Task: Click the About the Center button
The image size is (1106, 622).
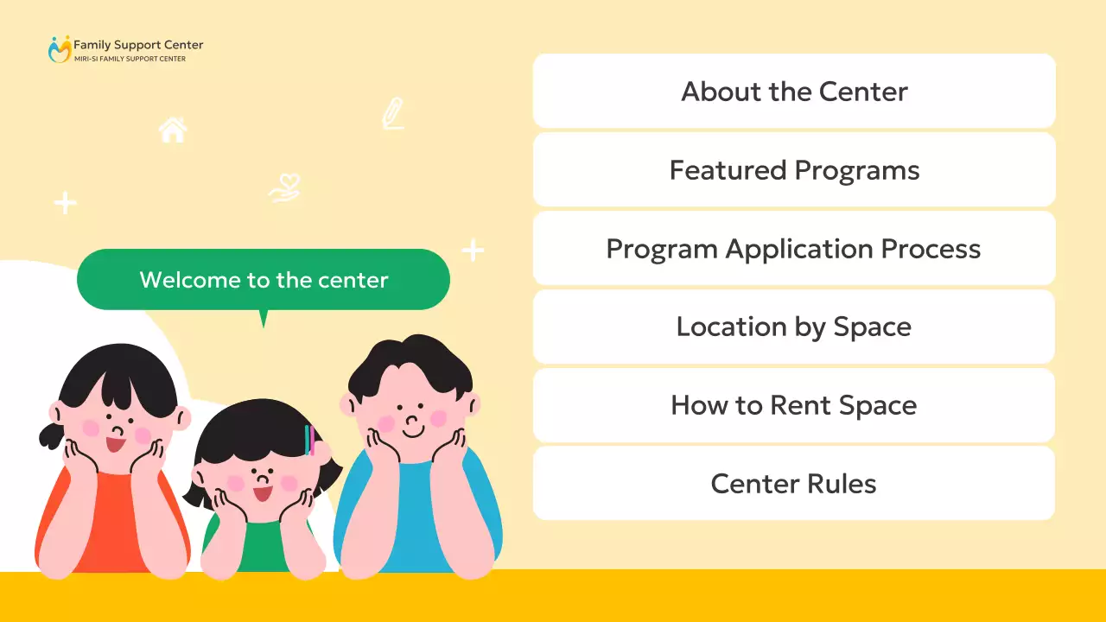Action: click(794, 92)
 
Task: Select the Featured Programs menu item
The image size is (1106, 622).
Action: click(794, 170)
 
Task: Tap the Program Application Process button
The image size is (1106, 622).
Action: click(794, 249)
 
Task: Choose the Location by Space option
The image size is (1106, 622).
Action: click(794, 327)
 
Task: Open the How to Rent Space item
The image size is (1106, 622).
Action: click(794, 405)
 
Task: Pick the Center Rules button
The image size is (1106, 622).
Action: click(794, 484)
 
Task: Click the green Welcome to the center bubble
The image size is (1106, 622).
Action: click(264, 280)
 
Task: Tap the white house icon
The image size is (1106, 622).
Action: click(173, 130)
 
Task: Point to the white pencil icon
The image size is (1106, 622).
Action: click(393, 114)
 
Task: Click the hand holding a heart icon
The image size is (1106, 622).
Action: click(284, 188)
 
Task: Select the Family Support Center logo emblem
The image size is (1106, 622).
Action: click(59, 49)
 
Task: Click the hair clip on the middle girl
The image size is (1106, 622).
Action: click(308, 440)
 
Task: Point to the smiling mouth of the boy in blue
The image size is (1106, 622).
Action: click(413, 429)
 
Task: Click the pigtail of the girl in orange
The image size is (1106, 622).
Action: click(50, 432)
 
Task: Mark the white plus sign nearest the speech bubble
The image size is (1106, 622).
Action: click(473, 251)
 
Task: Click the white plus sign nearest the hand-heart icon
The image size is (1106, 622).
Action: click(66, 203)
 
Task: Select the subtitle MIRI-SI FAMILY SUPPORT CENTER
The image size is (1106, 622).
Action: click(130, 59)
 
